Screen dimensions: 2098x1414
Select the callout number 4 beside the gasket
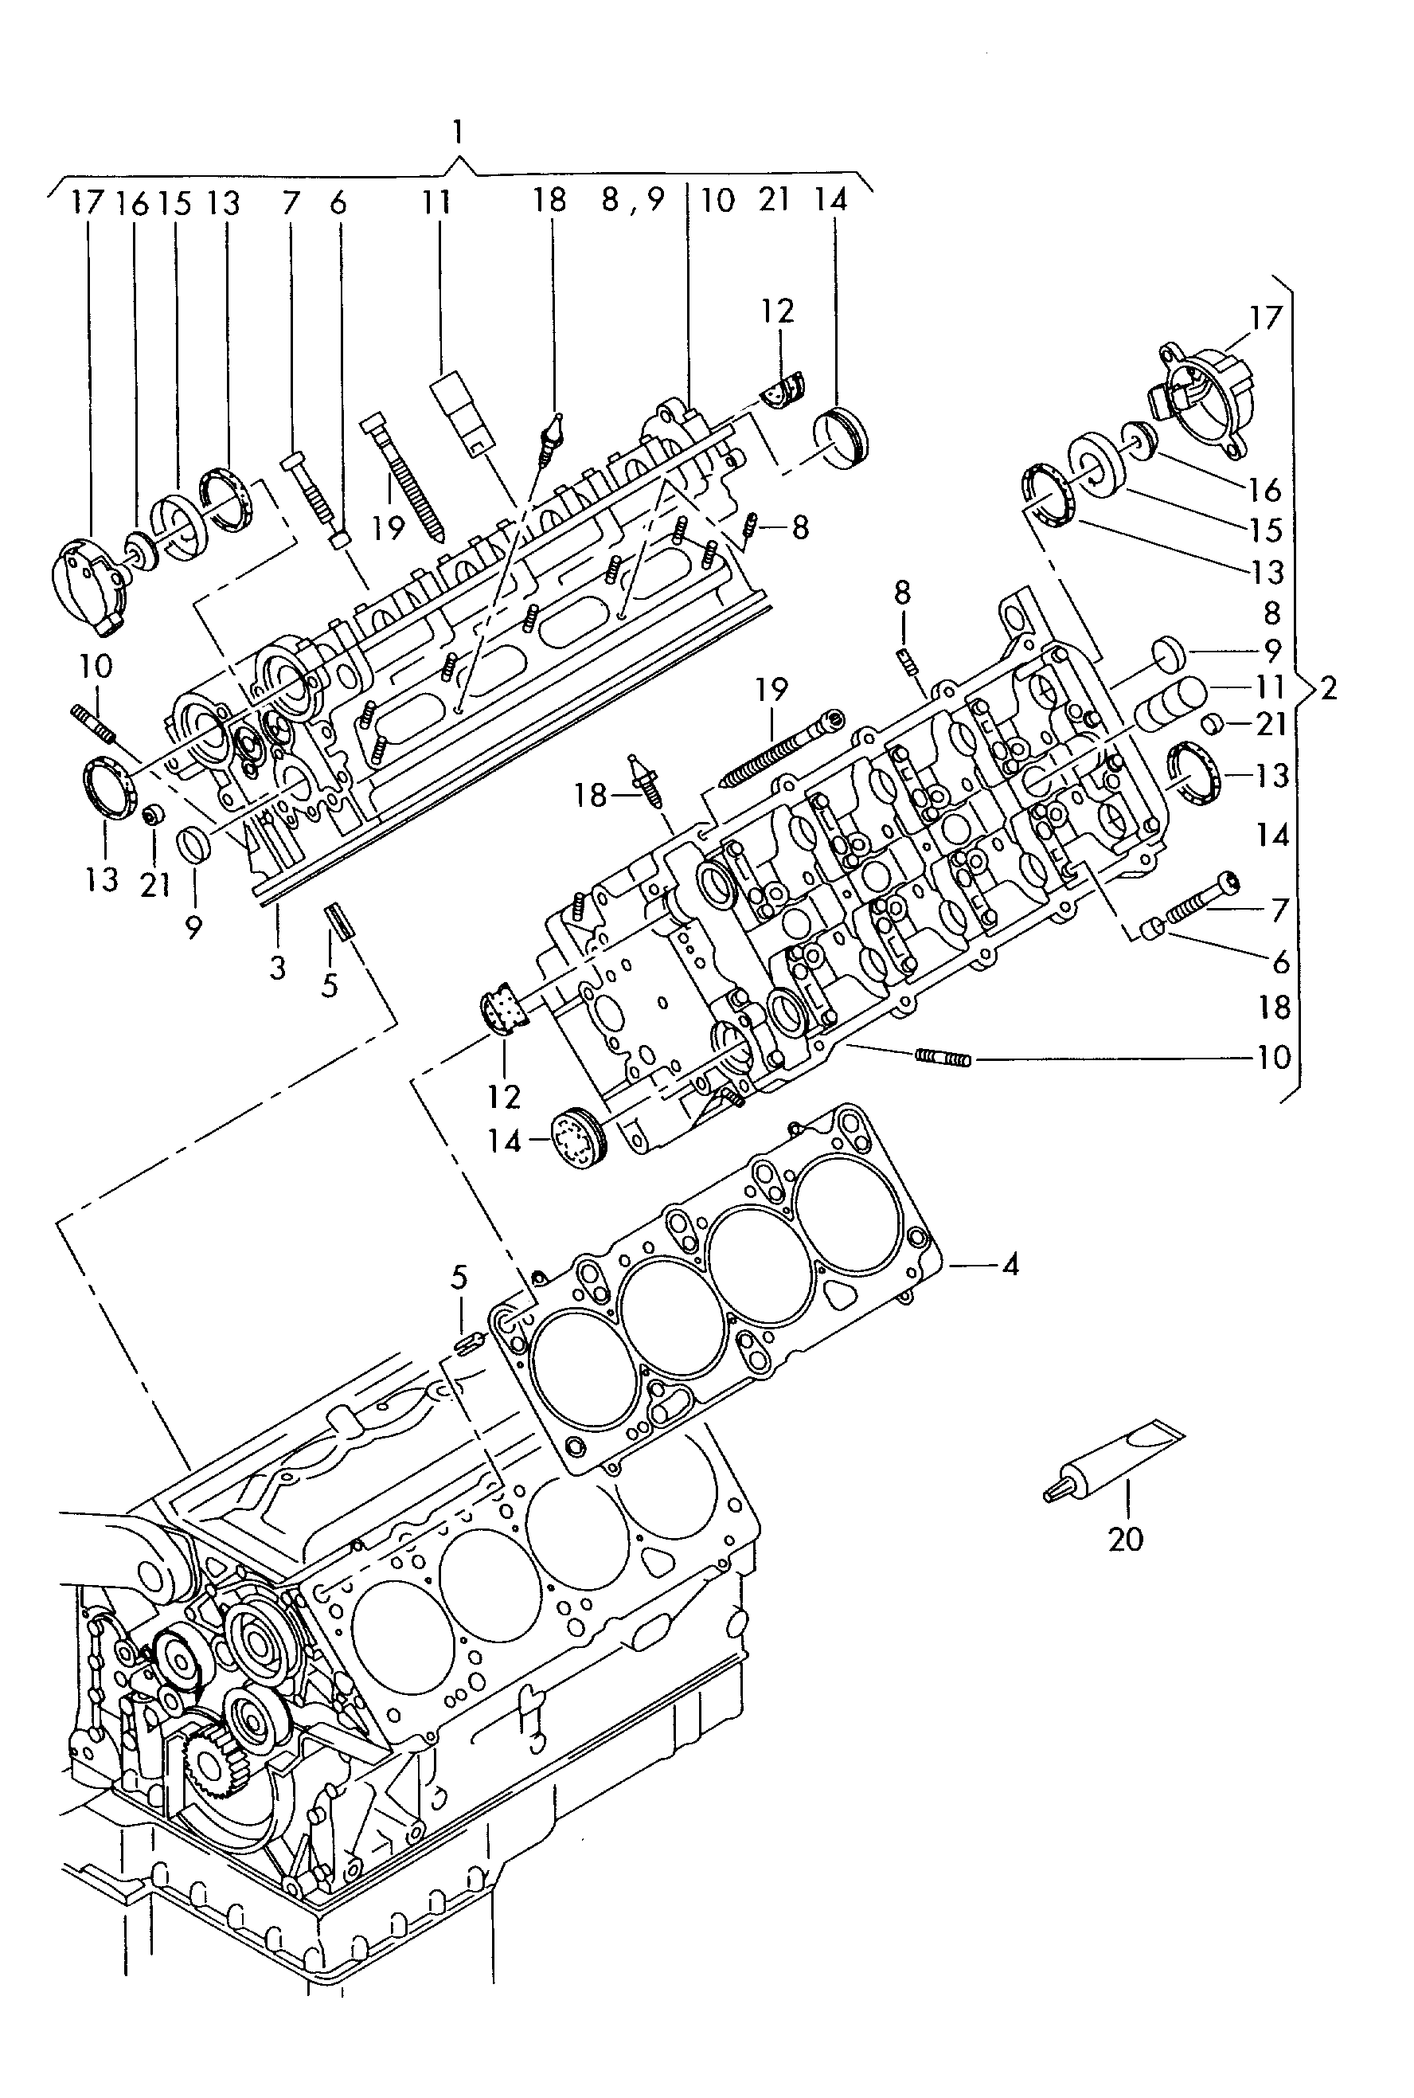click(1010, 1266)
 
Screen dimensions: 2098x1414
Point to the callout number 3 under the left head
click(278, 967)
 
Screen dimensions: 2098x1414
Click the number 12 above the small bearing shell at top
click(777, 311)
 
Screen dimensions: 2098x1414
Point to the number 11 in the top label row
click(436, 202)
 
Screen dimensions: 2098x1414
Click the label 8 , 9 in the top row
click(632, 200)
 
